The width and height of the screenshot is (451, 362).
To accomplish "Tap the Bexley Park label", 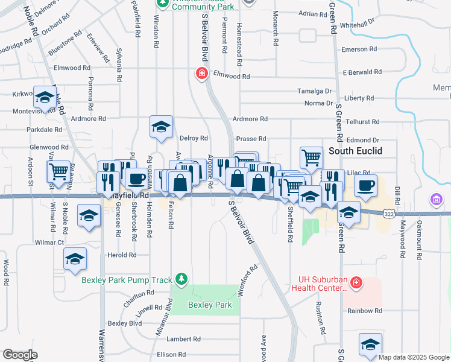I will click(210, 305).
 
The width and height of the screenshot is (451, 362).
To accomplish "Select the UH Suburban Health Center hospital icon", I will click(356, 282).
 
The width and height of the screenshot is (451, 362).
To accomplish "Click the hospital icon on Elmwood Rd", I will click(201, 74).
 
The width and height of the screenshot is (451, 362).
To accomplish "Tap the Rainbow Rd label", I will click(364, 311).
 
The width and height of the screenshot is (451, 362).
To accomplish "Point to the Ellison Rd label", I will click(170, 354).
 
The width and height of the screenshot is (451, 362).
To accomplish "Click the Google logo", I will click(20, 355).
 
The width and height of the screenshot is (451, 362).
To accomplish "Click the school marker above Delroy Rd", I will click(161, 126).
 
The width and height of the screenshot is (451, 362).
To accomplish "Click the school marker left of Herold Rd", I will click(75, 259).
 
